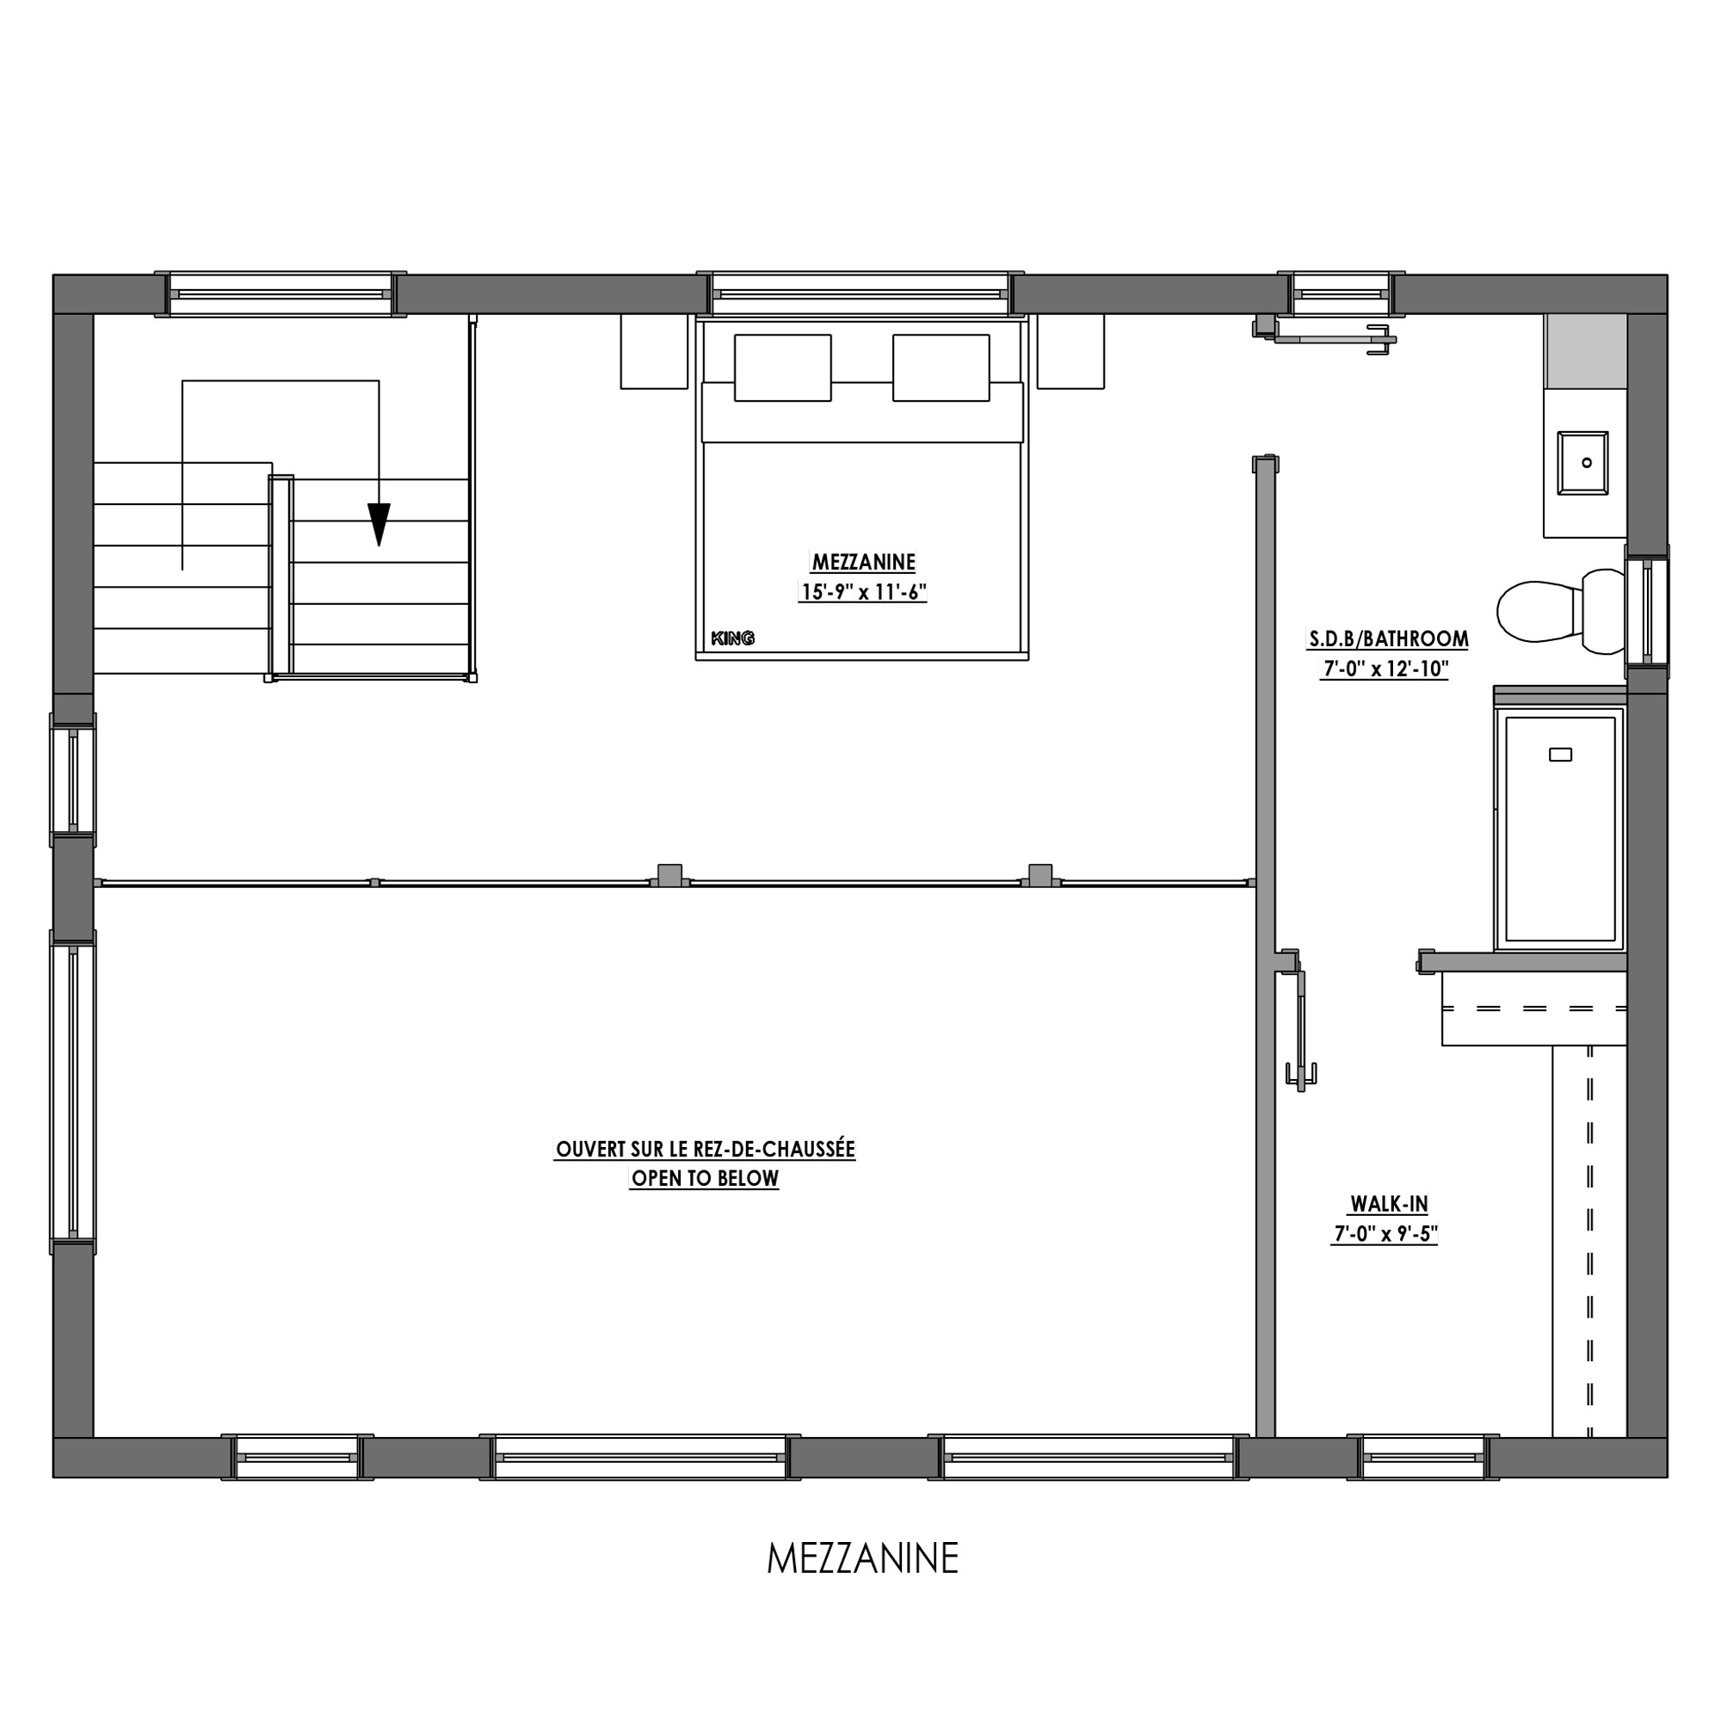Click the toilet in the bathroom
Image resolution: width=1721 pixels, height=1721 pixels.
[1561, 611]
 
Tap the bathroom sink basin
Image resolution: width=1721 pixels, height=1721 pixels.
[1582, 463]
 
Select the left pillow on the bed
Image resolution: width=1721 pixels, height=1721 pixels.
[782, 368]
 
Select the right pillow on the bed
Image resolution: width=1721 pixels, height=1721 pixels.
[941, 368]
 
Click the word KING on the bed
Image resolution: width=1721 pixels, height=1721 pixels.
[732, 638]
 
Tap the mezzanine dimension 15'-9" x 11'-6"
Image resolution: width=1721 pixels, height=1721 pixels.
[862, 591]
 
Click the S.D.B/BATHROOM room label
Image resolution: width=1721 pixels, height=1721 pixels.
[1388, 638]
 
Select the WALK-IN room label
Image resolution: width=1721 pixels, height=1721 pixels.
[1389, 1205]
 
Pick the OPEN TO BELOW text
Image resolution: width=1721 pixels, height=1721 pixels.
[705, 1179]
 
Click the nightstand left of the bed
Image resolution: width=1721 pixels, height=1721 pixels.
[654, 351]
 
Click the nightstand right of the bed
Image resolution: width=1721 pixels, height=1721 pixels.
[1070, 351]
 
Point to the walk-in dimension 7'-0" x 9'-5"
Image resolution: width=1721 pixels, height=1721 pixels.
[1385, 1234]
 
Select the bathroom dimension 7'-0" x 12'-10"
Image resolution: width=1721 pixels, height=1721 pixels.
[1385, 668]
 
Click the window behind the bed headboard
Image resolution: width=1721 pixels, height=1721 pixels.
[861, 294]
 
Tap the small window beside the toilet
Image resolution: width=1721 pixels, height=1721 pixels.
[1646, 610]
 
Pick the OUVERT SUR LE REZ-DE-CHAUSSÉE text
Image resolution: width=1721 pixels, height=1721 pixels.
[705, 1149]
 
